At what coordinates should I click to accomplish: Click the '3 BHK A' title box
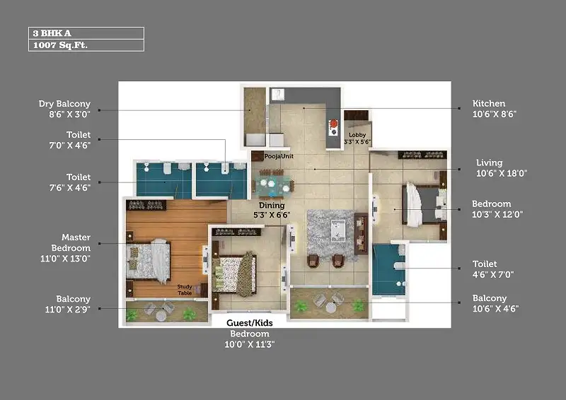86,33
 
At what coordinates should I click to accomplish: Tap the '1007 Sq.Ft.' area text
86,45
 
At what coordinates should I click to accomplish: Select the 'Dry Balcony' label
64,104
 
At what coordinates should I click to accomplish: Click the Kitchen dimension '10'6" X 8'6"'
495,114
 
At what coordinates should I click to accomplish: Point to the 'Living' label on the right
490,163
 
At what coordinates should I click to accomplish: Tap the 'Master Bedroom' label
75,242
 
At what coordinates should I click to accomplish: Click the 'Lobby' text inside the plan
357,134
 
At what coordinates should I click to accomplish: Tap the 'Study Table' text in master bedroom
185,290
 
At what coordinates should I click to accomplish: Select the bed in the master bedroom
149,260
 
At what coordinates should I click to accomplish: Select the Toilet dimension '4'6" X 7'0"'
495,275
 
